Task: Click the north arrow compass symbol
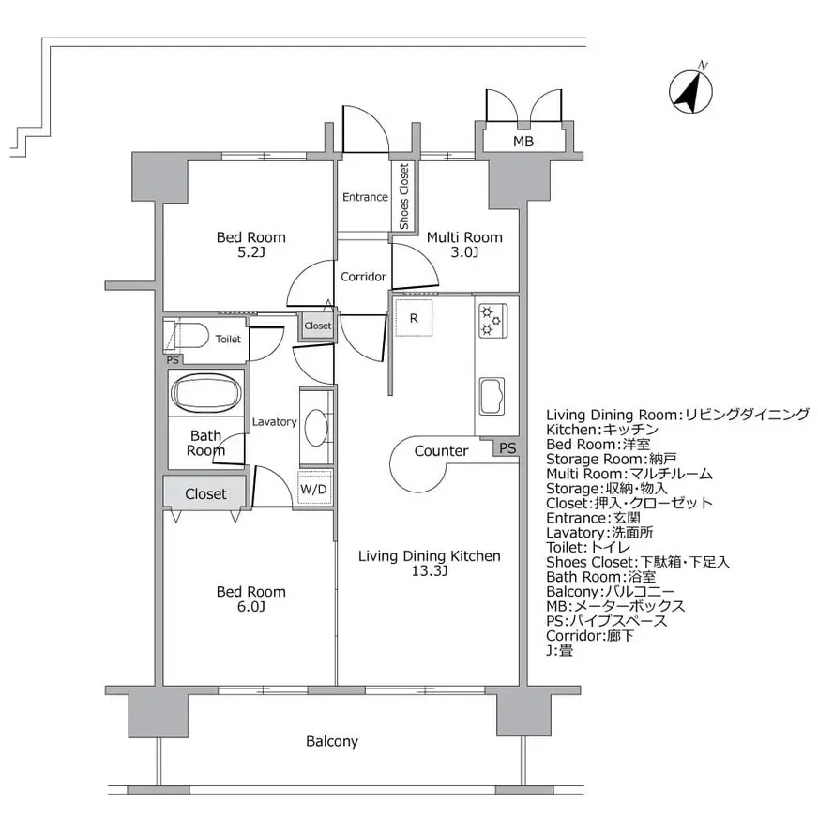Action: coord(691,91)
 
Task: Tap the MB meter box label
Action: coord(523,142)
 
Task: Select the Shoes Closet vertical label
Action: coord(403,196)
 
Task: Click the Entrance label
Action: coord(365,197)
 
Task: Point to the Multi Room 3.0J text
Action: coord(464,245)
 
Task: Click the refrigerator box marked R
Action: coord(413,318)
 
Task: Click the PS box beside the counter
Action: coord(507,448)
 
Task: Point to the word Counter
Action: coord(441,451)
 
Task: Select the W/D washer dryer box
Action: coord(313,489)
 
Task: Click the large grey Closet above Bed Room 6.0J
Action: coord(204,493)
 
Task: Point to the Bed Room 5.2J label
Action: coord(250,244)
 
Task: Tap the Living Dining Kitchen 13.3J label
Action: coord(430,564)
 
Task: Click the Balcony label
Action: coord(332,741)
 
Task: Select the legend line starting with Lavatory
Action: coord(600,532)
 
